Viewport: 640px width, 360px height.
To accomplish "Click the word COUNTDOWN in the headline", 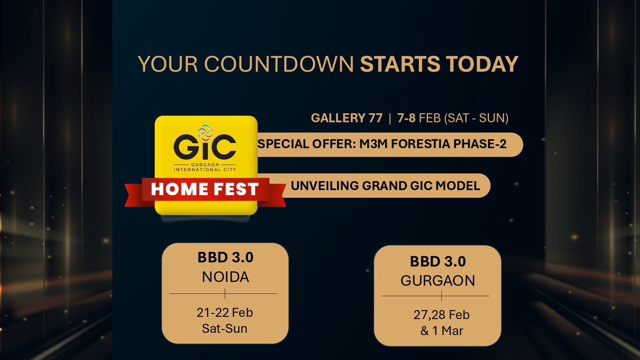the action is pyautogui.click(x=279, y=64).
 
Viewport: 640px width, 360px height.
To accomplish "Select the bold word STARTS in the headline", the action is pyautogui.click(x=400, y=64).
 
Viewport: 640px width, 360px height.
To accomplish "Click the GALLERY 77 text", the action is pyautogui.click(x=346, y=118).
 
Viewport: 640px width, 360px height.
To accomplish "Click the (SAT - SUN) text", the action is pyautogui.click(x=476, y=118).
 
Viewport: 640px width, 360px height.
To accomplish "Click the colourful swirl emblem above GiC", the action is pyautogui.click(x=206, y=132).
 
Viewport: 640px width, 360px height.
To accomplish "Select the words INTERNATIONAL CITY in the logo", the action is pyautogui.click(x=205, y=170).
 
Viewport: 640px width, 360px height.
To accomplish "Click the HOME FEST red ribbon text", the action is pyautogui.click(x=204, y=189).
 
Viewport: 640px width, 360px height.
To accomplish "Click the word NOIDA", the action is pyautogui.click(x=226, y=277).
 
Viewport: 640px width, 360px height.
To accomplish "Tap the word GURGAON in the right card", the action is pyautogui.click(x=438, y=280).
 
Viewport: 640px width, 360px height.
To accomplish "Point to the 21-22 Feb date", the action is pyautogui.click(x=224, y=312).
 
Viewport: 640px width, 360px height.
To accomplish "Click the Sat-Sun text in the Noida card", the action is pyautogui.click(x=224, y=328).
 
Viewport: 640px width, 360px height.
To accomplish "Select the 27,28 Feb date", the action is pyautogui.click(x=442, y=315).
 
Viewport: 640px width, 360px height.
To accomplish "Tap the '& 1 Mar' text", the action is pyautogui.click(x=442, y=331).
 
